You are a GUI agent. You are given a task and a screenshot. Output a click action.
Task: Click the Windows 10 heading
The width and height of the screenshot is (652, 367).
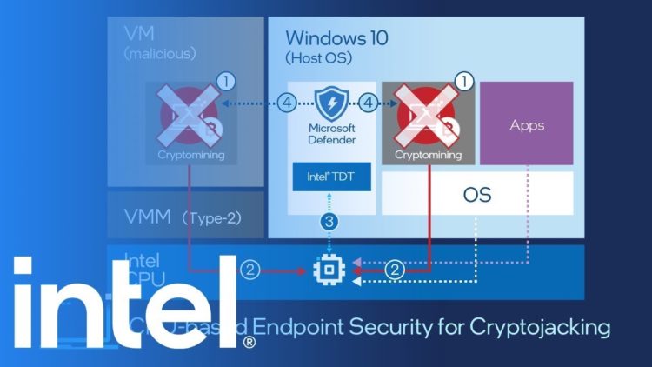337,38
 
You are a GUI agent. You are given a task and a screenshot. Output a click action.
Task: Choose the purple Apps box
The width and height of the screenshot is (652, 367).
527,124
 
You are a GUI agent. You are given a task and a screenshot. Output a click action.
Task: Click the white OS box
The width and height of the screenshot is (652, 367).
477,193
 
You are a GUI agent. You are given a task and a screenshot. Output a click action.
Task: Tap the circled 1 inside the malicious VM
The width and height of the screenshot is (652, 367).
226,82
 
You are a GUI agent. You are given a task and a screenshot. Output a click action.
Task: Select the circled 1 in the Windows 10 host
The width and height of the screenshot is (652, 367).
464,82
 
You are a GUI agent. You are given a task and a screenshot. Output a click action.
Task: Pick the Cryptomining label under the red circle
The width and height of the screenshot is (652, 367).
428,156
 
